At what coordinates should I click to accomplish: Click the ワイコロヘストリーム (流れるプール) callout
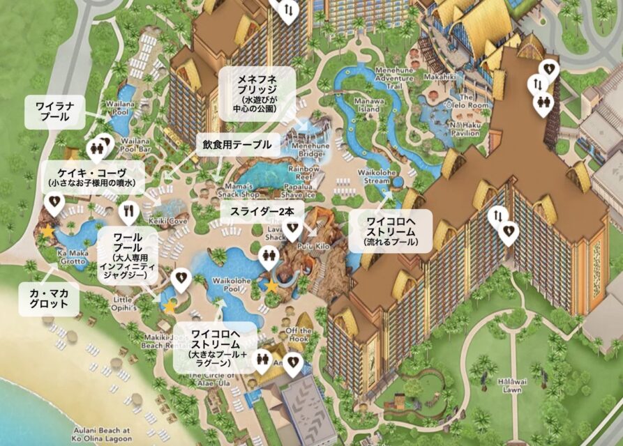(391, 231)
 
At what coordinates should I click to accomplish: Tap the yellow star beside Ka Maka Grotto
(47, 230)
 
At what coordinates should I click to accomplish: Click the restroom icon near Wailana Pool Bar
(98, 147)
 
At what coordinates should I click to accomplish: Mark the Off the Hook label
(299, 334)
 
